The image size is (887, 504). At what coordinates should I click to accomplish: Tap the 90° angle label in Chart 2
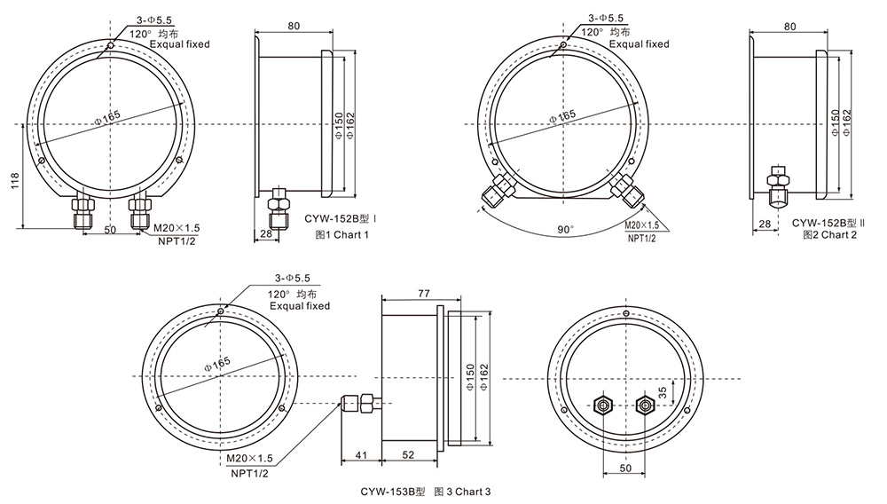[565, 229]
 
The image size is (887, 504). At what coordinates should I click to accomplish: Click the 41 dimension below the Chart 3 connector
[360, 455]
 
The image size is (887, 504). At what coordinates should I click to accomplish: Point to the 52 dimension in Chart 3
[406, 455]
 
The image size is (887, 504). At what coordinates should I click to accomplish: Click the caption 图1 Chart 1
[341, 234]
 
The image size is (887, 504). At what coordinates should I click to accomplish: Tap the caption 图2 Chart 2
[829, 234]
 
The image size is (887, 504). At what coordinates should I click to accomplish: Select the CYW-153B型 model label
[393, 491]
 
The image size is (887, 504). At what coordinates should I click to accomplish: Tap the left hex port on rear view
[602, 406]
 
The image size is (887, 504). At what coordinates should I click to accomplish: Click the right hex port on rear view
[644, 406]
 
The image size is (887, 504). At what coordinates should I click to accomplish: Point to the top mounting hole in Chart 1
[109, 47]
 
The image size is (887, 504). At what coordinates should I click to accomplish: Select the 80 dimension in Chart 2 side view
[789, 26]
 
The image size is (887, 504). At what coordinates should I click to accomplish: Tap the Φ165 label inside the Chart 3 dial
[216, 363]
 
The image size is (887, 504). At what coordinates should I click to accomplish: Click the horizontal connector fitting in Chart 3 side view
[359, 403]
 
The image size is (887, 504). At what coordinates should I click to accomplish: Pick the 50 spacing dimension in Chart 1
[111, 230]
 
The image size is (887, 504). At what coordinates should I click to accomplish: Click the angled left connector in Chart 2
[491, 191]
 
